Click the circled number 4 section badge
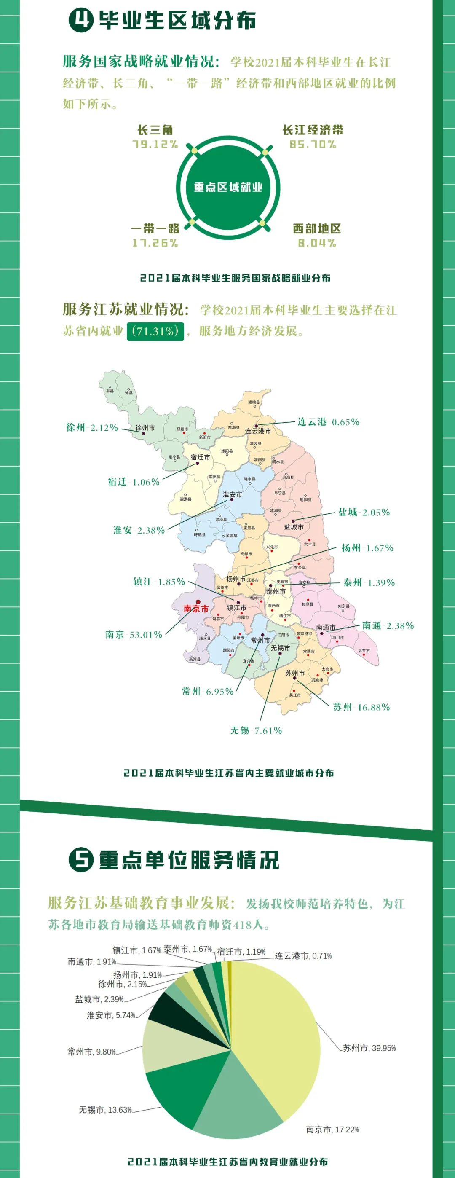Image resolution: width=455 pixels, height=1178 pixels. click(81, 20)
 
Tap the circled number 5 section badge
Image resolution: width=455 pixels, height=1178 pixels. click(81, 860)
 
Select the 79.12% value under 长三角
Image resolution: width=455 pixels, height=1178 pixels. click(155, 144)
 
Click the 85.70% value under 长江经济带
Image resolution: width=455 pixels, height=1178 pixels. click(313, 144)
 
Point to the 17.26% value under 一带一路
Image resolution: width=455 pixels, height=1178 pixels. click(155, 243)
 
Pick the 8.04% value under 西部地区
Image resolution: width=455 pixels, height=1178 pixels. click(317, 243)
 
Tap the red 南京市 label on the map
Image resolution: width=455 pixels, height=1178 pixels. click(196, 609)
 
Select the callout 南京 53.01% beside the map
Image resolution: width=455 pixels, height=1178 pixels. click(134, 634)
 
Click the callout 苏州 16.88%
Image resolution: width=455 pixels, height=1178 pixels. click(361, 707)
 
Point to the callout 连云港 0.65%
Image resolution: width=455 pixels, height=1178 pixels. click(328, 421)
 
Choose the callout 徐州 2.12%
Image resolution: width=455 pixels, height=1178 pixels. click(92, 427)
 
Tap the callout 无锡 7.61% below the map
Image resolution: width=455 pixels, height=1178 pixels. click(256, 730)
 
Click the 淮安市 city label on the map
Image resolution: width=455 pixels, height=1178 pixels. click(232, 494)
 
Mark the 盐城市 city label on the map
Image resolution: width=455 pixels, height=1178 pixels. click(294, 527)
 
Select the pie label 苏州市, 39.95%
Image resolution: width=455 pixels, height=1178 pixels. click(369, 1048)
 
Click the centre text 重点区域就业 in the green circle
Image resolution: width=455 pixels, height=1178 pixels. click(228, 187)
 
